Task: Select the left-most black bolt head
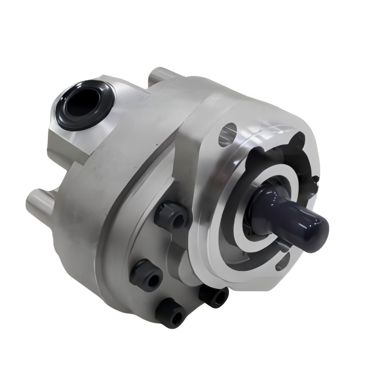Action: click(x=147, y=276)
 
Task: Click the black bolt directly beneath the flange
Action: click(x=215, y=295)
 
